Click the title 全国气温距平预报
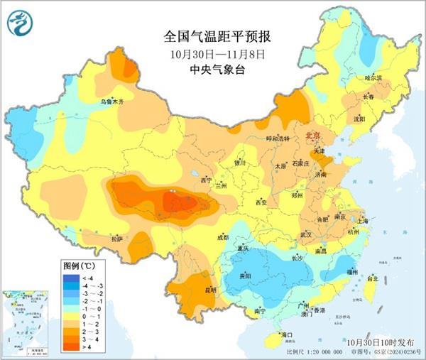212,36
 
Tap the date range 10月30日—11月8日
212,53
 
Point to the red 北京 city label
313,135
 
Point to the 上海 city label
365,221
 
